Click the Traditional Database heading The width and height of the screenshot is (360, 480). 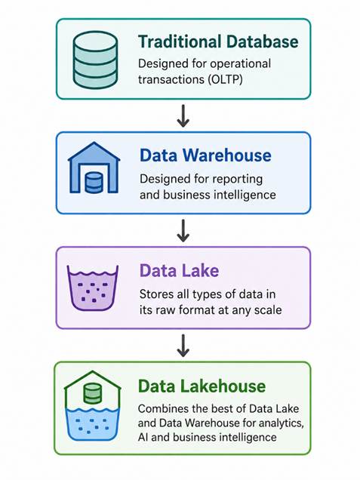(x=218, y=42)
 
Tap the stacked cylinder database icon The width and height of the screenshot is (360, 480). (x=95, y=60)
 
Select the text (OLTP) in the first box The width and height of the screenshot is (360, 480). (x=225, y=79)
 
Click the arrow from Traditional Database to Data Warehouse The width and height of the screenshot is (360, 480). (x=183, y=115)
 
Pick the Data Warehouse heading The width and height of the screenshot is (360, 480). (x=205, y=155)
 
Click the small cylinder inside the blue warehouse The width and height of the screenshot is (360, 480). (x=94, y=183)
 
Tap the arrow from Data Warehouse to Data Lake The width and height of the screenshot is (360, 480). (x=183, y=230)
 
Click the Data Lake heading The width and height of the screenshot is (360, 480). (x=179, y=271)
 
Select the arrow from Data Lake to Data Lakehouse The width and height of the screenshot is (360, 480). (x=183, y=346)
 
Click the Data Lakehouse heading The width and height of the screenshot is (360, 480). (x=202, y=386)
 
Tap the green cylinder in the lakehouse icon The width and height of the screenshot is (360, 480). (x=92, y=393)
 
